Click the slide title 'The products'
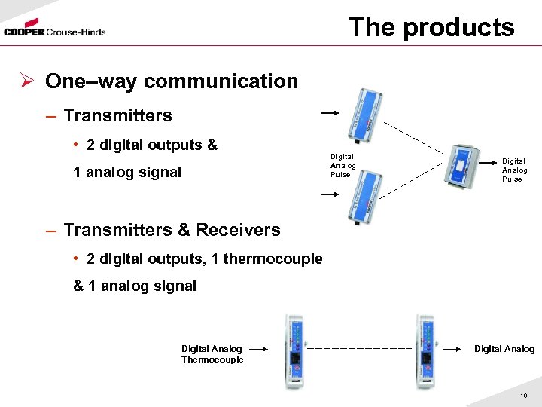pos(431,27)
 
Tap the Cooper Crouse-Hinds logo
pos(54,32)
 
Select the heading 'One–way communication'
pos(172,81)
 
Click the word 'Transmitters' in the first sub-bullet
pos(117,115)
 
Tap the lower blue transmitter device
pos(362,195)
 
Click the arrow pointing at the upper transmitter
pos(330,114)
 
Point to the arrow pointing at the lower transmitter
pos(330,194)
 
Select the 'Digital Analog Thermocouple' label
pos(212,353)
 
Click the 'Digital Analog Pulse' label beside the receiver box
pos(515,170)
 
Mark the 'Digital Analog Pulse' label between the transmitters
pos(343,166)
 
